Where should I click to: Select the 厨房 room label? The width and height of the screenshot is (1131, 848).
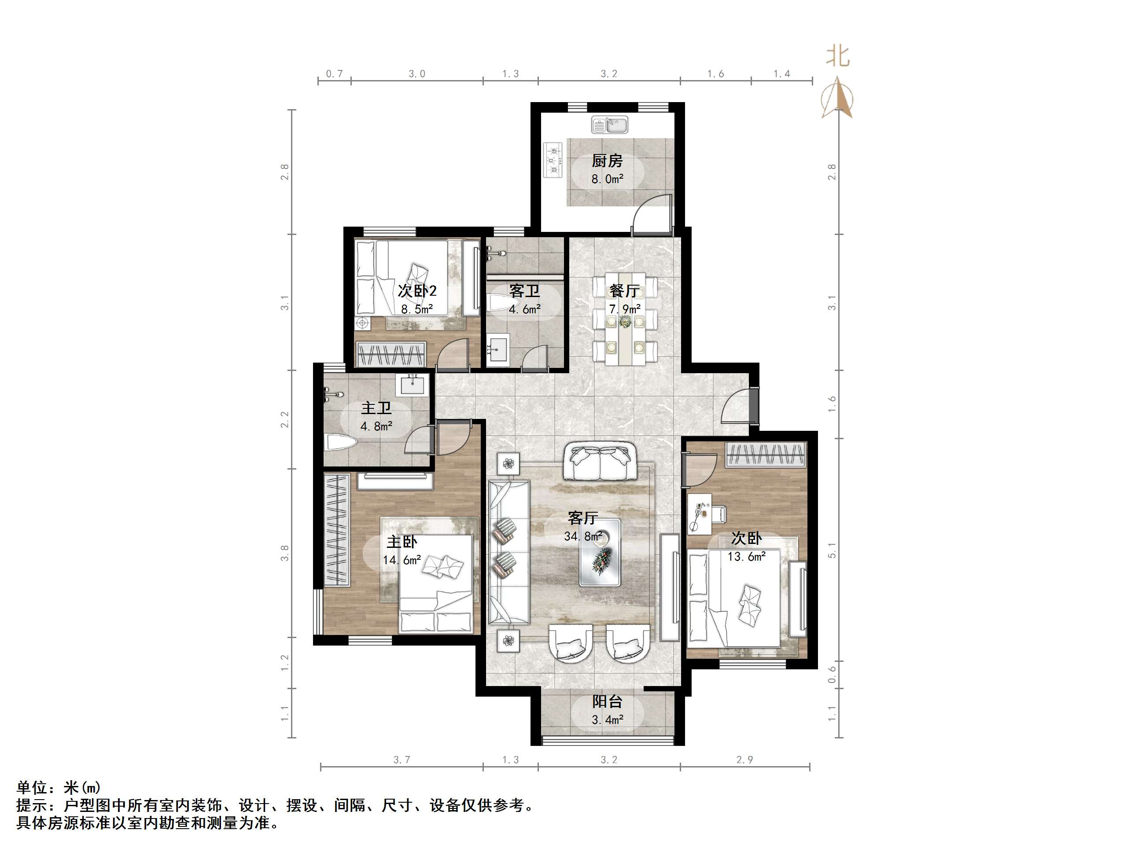pyautogui.click(x=607, y=161)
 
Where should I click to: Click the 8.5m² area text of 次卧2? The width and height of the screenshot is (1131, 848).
pyautogui.click(x=417, y=309)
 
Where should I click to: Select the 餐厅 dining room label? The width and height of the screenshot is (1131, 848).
pyautogui.click(x=624, y=291)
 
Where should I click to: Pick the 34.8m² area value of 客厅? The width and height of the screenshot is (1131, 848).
pyautogui.click(x=583, y=536)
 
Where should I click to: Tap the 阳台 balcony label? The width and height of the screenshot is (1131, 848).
pyautogui.click(x=608, y=702)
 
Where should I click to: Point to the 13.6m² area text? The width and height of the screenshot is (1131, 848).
pyautogui.click(x=747, y=556)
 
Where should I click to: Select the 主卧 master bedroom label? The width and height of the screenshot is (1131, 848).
pyautogui.click(x=402, y=542)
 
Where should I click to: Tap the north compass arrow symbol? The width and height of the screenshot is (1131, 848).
pyautogui.click(x=837, y=98)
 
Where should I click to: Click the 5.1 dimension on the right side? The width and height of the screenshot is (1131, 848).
pyautogui.click(x=833, y=550)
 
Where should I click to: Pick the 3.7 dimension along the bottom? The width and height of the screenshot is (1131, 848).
pyautogui.click(x=402, y=760)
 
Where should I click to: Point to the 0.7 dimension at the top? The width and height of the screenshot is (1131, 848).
pyautogui.click(x=335, y=74)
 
